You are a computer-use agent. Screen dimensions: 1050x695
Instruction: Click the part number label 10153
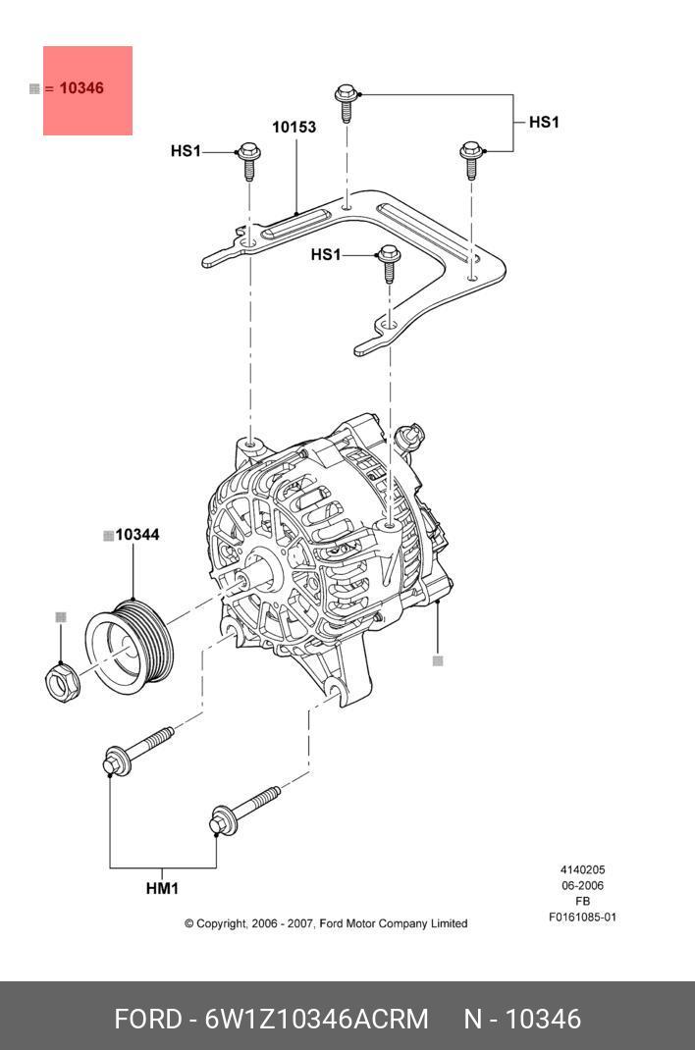point(294,128)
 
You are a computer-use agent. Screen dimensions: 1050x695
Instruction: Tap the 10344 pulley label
point(137,535)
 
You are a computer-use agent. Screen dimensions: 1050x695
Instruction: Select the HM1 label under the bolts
point(162,889)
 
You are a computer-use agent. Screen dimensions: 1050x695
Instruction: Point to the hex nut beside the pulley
point(62,679)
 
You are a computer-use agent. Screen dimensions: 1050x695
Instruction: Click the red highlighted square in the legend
point(87,90)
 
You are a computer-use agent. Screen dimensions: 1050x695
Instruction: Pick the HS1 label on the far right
point(543,123)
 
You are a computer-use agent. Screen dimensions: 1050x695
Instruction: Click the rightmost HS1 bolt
point(471,157)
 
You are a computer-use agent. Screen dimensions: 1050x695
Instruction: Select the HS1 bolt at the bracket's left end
point(247,160)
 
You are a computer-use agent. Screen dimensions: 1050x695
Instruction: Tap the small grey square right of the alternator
point(438,660)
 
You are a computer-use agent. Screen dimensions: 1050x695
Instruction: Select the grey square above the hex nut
point(61,617)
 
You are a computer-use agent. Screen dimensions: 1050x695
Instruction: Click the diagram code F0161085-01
point(582,918)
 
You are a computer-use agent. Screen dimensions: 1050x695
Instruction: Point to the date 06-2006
point(582,886)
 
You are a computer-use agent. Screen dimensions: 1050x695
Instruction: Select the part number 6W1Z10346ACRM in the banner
point(316,1020)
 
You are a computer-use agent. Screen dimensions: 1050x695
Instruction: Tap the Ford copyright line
point(326,923)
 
